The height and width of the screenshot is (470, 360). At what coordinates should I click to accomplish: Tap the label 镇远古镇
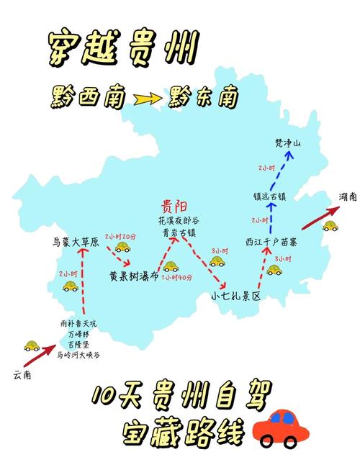point(271,196)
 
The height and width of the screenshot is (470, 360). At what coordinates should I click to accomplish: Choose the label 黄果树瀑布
point(133,276)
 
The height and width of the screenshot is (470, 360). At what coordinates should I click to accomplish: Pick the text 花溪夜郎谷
point(174,221)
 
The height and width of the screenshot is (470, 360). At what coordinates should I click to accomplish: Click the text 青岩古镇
point(174,232)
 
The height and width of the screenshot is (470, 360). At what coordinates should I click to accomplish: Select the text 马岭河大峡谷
point(79,354)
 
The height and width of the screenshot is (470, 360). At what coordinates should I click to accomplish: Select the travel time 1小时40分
point(176,278)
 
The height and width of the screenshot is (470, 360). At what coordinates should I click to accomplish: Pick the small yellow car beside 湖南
point(330,225)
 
